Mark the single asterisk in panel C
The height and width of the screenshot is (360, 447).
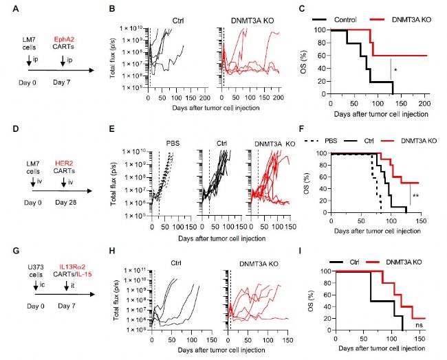[395, 69]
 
